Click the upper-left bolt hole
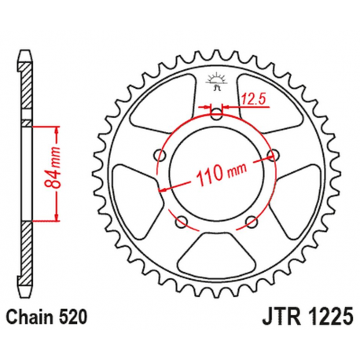[x=163, y=152]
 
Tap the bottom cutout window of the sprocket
[x=216, y=248]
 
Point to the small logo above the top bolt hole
[x=216, y=79]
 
